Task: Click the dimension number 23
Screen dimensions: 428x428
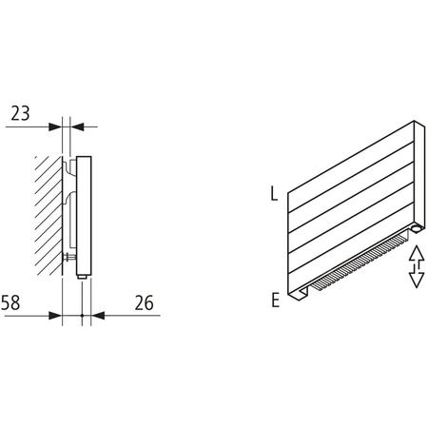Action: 20,112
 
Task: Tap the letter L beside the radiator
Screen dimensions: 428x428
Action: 274,195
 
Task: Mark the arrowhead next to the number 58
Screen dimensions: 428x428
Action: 54,314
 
